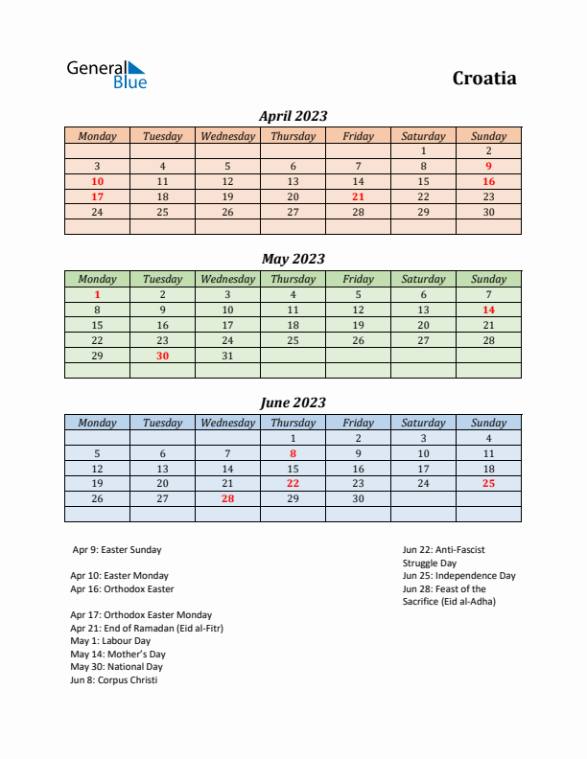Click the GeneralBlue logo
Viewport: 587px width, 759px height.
click(106, 75)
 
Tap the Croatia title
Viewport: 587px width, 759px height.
click(484, 79)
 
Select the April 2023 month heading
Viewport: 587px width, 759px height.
click(293, 116)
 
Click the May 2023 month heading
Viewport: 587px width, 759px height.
click(293, 259)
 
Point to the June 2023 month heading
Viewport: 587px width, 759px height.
click(293, 402)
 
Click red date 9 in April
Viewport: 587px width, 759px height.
click(488, 166)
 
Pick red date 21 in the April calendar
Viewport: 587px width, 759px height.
click(358, 196)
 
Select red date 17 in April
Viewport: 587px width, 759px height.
click(97, 196)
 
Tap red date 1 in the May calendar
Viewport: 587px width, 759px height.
click(97, 294)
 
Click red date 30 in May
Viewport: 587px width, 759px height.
click(162, 356)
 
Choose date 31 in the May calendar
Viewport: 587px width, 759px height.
click(227, 356)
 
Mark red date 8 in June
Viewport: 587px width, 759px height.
click(293, 453)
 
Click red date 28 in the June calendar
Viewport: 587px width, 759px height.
click(227, 499)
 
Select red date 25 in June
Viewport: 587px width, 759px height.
click(488, 484)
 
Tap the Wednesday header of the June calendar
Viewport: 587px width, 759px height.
click(227, 423)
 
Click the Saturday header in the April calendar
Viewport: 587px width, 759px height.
click(423, 136)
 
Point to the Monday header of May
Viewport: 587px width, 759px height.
click(97, 279)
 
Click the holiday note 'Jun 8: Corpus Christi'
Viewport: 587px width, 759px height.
click(114, 680)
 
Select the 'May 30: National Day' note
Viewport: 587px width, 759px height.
click(116, 667)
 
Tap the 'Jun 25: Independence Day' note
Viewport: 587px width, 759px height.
click(458, 576)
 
